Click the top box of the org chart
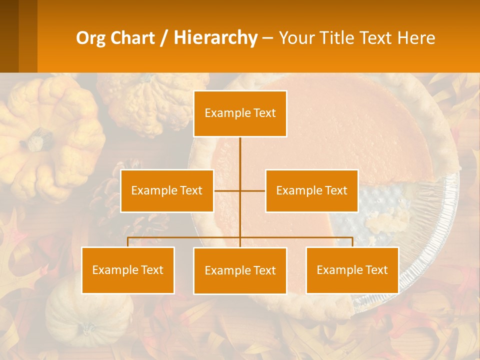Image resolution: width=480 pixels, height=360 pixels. (x=240, y=113)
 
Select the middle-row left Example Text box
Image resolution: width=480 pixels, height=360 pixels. (x=167, y=190)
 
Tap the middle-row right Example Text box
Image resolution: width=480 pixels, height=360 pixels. (x=311, y=190)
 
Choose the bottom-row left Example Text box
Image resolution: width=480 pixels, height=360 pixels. (x=128, y=270)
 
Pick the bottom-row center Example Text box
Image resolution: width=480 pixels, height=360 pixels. (x=240, y=270)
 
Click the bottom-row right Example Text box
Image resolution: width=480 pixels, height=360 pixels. (x=352, y=270)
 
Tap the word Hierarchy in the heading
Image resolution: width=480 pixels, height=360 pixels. (x=215, y=38)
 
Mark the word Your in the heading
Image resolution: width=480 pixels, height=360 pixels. (x=295, y=38)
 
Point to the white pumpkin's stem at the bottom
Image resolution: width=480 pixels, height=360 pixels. (x=89, y=329)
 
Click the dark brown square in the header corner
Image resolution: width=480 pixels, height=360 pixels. (x=9, y=36)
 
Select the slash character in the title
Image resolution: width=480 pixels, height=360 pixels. (x=163, y=38)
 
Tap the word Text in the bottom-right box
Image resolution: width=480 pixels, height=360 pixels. (x=376, y=270)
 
